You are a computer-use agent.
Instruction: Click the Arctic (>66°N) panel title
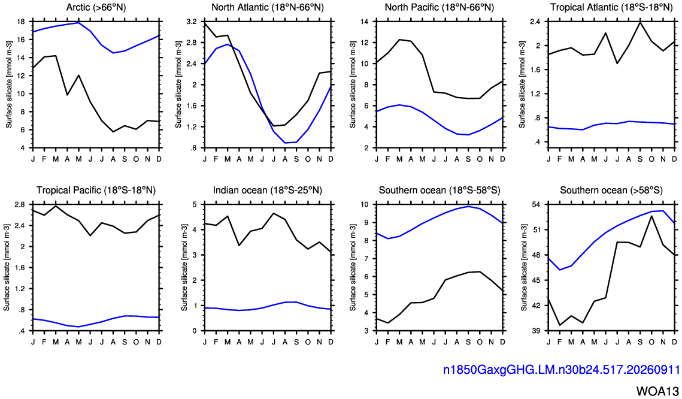coord(96,7)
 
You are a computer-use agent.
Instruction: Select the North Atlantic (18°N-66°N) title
coord(268,7)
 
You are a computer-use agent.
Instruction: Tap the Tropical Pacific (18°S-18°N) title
coord(96,190)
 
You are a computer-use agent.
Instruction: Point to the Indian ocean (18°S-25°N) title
coord(268,190)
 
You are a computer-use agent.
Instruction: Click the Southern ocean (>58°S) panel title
coord(611,190)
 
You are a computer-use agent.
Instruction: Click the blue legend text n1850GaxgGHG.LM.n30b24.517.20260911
coord(561,370)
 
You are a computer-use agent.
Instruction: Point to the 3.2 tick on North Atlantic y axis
coord(192,22)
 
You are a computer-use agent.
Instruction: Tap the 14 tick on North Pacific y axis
coord(365,22)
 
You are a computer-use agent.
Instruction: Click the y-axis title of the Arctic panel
coord(9,84)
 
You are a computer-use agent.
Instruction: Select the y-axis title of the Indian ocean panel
coord(184,267)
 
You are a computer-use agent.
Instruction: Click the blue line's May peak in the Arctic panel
coord(78,23)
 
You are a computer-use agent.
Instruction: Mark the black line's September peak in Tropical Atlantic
coord(640,22)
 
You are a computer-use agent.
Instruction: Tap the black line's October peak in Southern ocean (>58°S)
coord(651,216)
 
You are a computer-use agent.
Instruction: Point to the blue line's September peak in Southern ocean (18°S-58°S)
coord(468,206)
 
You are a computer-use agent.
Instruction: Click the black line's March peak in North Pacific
coord(399,40)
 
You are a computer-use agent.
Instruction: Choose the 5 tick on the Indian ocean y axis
coord(195,204)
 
